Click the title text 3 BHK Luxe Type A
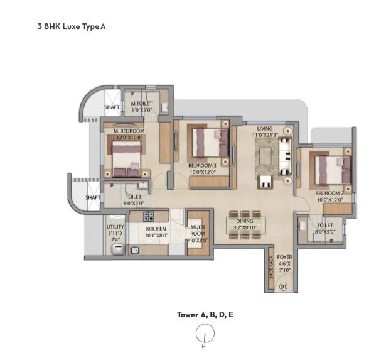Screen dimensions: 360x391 click(71, 28)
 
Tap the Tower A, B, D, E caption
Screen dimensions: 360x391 click(205, 315)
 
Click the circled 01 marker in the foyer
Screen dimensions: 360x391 click(282, 287)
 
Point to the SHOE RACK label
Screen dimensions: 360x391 click(271, 267)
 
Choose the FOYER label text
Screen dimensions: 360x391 click(285, 256)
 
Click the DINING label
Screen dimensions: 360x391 click(245, 221)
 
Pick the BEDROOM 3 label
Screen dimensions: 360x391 click(202, 166)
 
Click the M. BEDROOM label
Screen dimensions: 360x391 click(129, 131)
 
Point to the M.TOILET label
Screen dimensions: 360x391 click(142, 104)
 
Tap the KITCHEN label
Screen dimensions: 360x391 click(156, 229)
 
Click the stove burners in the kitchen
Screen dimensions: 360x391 click(149, 217)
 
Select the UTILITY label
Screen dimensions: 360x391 click(115, 226)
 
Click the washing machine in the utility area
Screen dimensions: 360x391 click(116, 249)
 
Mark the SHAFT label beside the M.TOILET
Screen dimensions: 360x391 click(111, 107)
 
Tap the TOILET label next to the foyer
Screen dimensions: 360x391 click(324, 224)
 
